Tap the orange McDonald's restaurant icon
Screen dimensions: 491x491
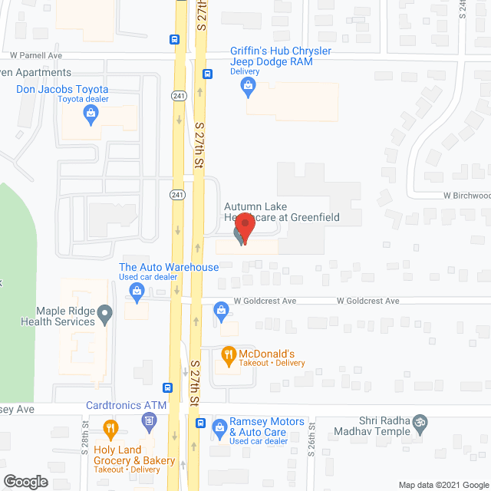pyautogui.click(x=227, y=354)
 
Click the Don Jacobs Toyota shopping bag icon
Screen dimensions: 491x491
pyautogui.click(x=91, y=116)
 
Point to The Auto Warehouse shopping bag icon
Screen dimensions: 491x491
pyautogui.click(x=137, y=290)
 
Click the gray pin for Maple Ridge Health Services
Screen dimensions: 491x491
pyautogui.click(x=107, y=313)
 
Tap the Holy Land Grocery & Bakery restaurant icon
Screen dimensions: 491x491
pyautogui.click(x=111, y=429)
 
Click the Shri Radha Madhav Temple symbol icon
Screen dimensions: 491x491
pyautogui.click(x=420, y=421)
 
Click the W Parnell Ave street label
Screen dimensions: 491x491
pyautogui.click(x=35, y=56)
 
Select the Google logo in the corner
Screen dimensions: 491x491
pyautogui.click(x=25, y=482)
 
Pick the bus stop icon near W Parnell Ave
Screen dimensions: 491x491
pyautogui.click(x=176, y=39)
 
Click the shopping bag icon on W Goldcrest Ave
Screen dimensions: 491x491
pyautogui.click(x=221, y=310)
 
